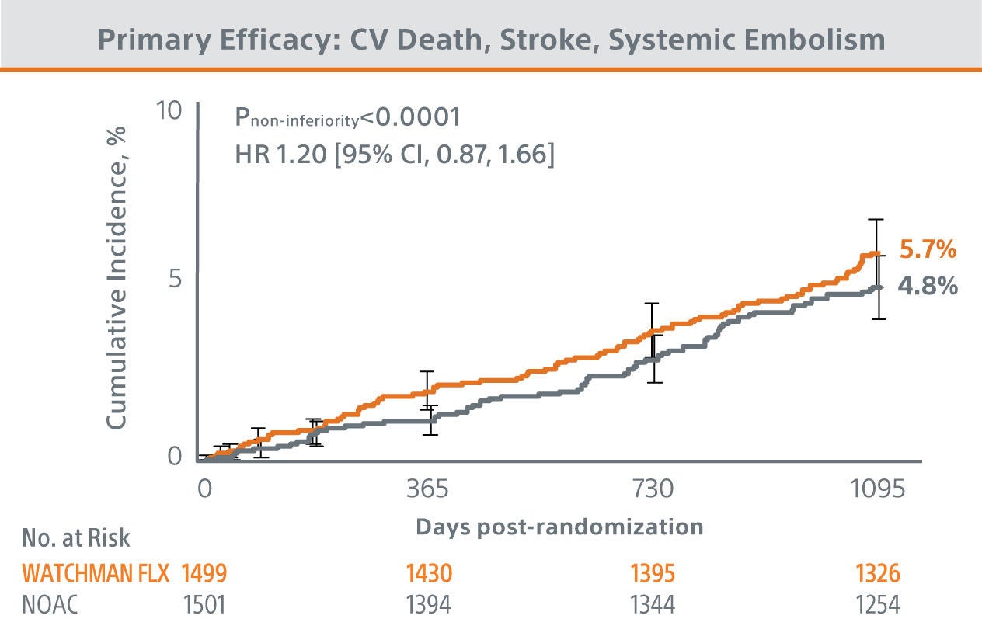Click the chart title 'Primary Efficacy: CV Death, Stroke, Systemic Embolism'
491,40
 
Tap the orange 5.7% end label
928,250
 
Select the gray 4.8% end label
928,286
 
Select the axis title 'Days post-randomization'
559,527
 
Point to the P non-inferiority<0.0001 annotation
348,118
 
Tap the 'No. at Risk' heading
76,537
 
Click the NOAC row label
51,603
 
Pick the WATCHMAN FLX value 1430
427,574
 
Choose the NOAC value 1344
653,603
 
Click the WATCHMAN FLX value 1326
878,574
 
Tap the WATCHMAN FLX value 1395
653,574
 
